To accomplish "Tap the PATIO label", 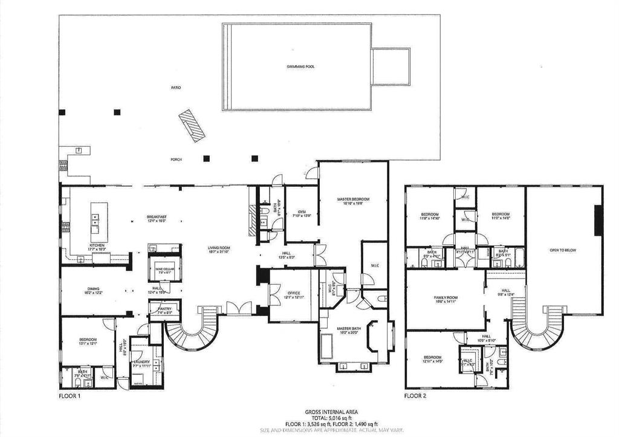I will (x=175, y=88).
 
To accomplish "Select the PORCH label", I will (x=176, y=160).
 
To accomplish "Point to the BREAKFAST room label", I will (x=156, y=217).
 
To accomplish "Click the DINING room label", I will (x=92, y=289).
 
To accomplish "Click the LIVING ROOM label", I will (x=219, y=247).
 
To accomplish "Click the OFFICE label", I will (x=293, y=293).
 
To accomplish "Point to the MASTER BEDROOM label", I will (x=353, y=199).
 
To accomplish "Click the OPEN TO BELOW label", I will (x=562, y=249).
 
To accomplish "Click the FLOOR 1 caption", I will (x=69, y=397).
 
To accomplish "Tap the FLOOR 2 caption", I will (x=415, y=397).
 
